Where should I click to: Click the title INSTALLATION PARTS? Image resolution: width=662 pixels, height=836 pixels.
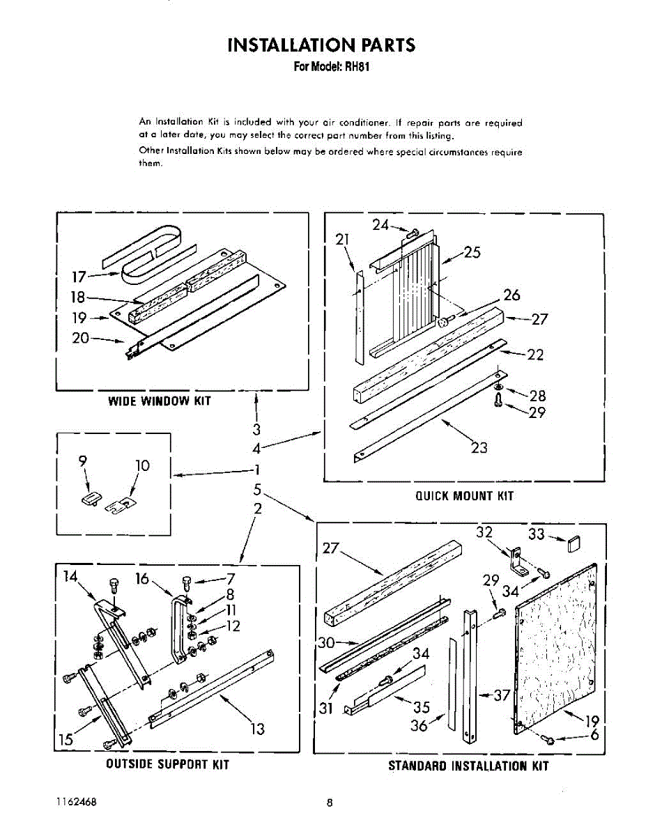pos(321,45)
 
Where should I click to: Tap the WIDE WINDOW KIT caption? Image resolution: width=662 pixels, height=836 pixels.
pos(159,401)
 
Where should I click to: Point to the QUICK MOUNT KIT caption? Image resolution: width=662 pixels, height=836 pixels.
pos(464,496)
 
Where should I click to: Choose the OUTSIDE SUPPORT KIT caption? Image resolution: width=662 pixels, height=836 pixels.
pos(167,764)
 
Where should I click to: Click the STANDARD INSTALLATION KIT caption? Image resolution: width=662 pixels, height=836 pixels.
pos(468,766)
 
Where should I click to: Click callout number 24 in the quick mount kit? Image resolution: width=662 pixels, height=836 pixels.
pos(380,224)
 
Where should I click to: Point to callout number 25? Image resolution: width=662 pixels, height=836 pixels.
pos(472,252)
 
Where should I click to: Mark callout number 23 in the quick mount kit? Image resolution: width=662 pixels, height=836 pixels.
pos(479,448)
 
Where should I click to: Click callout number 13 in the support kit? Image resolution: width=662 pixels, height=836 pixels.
pos(257,729)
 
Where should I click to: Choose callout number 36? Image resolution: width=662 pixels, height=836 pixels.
pos(419,725)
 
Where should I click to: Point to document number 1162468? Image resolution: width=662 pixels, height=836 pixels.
pos(76,802)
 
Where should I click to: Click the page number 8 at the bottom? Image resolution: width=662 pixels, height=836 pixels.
pos(330,803)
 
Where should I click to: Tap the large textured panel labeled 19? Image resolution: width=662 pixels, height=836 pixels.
pos(557,648)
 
